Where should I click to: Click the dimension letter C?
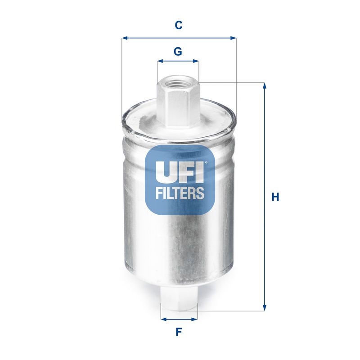tap(179, 26)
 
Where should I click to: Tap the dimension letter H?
tap(275, 197)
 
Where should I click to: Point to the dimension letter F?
tap(179, 333)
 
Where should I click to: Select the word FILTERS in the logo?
tap(180, 193)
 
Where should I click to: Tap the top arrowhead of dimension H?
tap(265, 85)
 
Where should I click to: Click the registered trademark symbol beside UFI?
tap(206, 163)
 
